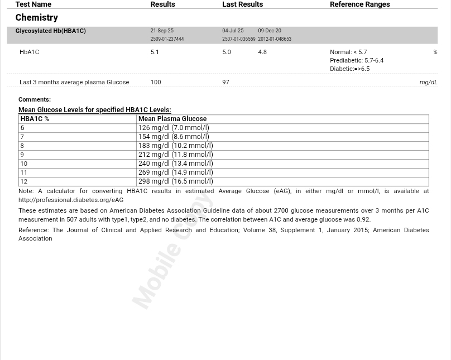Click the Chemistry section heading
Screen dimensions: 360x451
coord(36,18)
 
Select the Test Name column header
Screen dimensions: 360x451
coord(33,4)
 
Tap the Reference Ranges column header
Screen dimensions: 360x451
coord(359,4)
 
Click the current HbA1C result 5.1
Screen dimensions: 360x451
coord(155,52)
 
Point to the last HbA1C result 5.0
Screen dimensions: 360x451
coord(226,52)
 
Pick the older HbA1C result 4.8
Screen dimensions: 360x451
coord(262,52)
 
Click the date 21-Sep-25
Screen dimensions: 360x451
coord(162,31)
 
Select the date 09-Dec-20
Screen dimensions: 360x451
coord(270,31)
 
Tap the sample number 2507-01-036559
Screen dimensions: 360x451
coord(238,39)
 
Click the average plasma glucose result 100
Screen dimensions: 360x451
coord(155,82)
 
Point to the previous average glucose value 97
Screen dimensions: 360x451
coord(226,82)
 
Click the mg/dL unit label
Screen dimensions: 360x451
coord(428,82)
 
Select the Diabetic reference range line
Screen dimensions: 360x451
coord(349,69)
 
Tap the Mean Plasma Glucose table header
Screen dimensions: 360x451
coord(172,119)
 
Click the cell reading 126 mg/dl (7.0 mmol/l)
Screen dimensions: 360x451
coord(174,128)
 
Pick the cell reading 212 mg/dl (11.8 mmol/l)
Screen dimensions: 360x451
coord(175,155)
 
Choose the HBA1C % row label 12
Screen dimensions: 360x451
coord(23,181)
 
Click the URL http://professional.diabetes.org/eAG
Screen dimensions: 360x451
coord(71,200)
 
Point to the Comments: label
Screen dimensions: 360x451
coord(34,99)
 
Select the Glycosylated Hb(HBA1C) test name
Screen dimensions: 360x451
coord(50,31)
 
